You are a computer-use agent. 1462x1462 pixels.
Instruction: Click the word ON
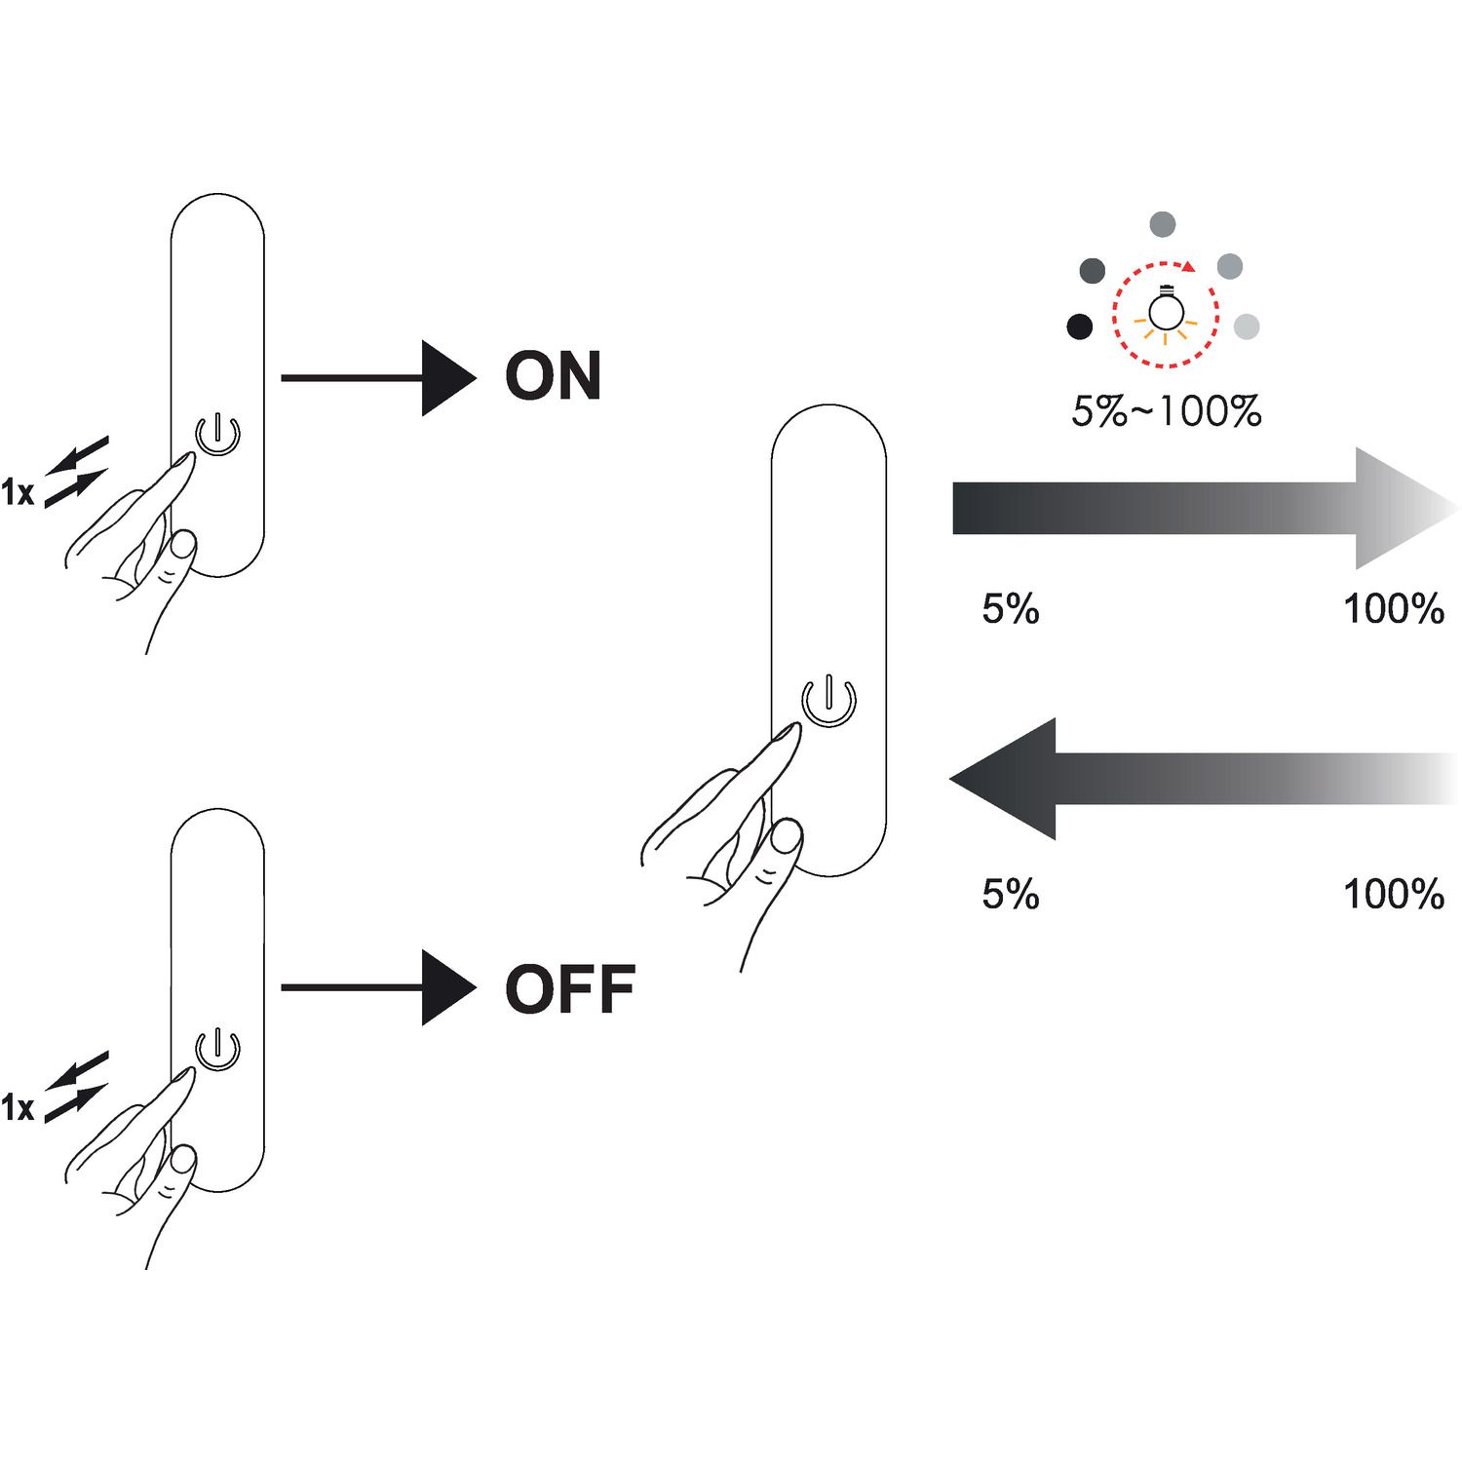(553, 377)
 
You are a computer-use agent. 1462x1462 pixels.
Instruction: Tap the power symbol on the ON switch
(218, 434)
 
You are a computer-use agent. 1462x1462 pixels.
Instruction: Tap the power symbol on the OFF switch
(218, 1049)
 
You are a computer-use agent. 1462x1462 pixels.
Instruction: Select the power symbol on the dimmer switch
(828, 700)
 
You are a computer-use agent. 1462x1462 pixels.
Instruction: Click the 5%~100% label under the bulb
(1166, 411)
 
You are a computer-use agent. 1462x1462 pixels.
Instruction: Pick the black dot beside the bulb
(1080, 327)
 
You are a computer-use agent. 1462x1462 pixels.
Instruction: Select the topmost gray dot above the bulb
(1162, 224)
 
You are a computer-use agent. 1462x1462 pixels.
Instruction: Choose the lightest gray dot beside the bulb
(1247, 327)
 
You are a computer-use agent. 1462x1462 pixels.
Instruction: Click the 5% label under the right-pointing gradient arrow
(1011, 609)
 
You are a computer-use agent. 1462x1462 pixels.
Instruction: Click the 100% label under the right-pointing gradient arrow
(1393, 609)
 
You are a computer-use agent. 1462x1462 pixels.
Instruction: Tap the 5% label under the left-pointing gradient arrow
(1011, 894)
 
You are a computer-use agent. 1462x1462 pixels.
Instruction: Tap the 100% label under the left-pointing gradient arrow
(1393, 894)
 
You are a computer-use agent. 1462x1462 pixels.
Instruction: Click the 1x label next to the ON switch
(18, 493)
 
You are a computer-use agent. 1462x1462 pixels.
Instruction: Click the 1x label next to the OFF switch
(18, 1108)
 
